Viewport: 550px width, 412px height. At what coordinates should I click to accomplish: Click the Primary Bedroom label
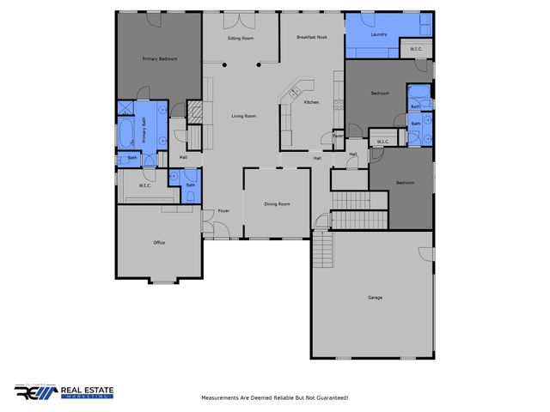pyautogui.click(x=160, y=59)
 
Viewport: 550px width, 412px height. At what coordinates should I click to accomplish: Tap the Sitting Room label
pyautogui.click(x=241, y=39)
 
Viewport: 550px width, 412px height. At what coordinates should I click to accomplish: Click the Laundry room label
pyautogui.click(x=379, y=34)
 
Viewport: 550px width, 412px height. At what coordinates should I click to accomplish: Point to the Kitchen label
pyautogui.click(x=311, y=102)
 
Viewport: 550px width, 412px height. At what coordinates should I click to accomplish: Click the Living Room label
pyautogui.click(x=244, y=116)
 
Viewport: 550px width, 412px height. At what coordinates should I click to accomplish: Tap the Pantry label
pyautogui.click(x=338, y=136)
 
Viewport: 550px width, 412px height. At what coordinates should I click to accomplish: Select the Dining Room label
pyautogui.click(x=277, y=204)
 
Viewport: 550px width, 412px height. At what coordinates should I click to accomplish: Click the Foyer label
pyautogui.click(x=223, y=210)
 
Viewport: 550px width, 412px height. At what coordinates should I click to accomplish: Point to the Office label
pyautogui.click(x=159, y=243)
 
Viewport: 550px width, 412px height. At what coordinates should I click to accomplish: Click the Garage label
pyautogui.click(x=375, y=297)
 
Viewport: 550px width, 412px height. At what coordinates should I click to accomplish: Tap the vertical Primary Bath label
pyautogui.click(x=144, y=129)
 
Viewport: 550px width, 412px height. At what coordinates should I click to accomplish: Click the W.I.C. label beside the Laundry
pyautogui.click(x=416, y=48)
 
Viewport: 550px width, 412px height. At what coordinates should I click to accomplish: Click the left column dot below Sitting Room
pyautogui.click(x=224, y=64)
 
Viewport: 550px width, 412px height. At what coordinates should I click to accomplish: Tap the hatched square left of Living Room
pyautogui.click(x=195, y=112)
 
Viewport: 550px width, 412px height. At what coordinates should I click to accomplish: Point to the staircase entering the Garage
pyautogui.click(x=322, y=250)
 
